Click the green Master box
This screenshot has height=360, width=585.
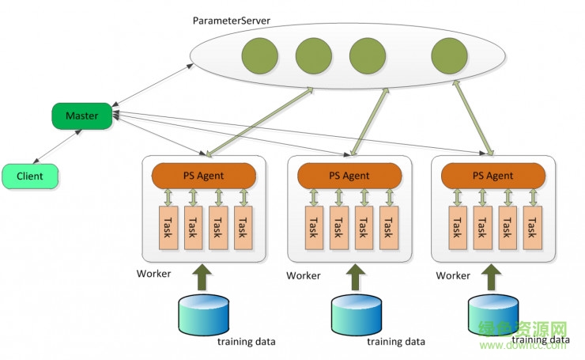81,116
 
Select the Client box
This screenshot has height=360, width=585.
29,176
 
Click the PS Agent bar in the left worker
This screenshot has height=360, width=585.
206,175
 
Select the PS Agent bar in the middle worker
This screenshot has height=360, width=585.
349,175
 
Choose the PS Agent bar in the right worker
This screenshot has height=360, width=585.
493,175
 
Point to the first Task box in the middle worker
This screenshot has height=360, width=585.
314,229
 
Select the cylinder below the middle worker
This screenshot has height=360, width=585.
356,314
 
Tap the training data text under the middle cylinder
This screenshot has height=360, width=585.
396,342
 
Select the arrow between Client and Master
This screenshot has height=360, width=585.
58,148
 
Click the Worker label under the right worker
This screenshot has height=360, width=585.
453,275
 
